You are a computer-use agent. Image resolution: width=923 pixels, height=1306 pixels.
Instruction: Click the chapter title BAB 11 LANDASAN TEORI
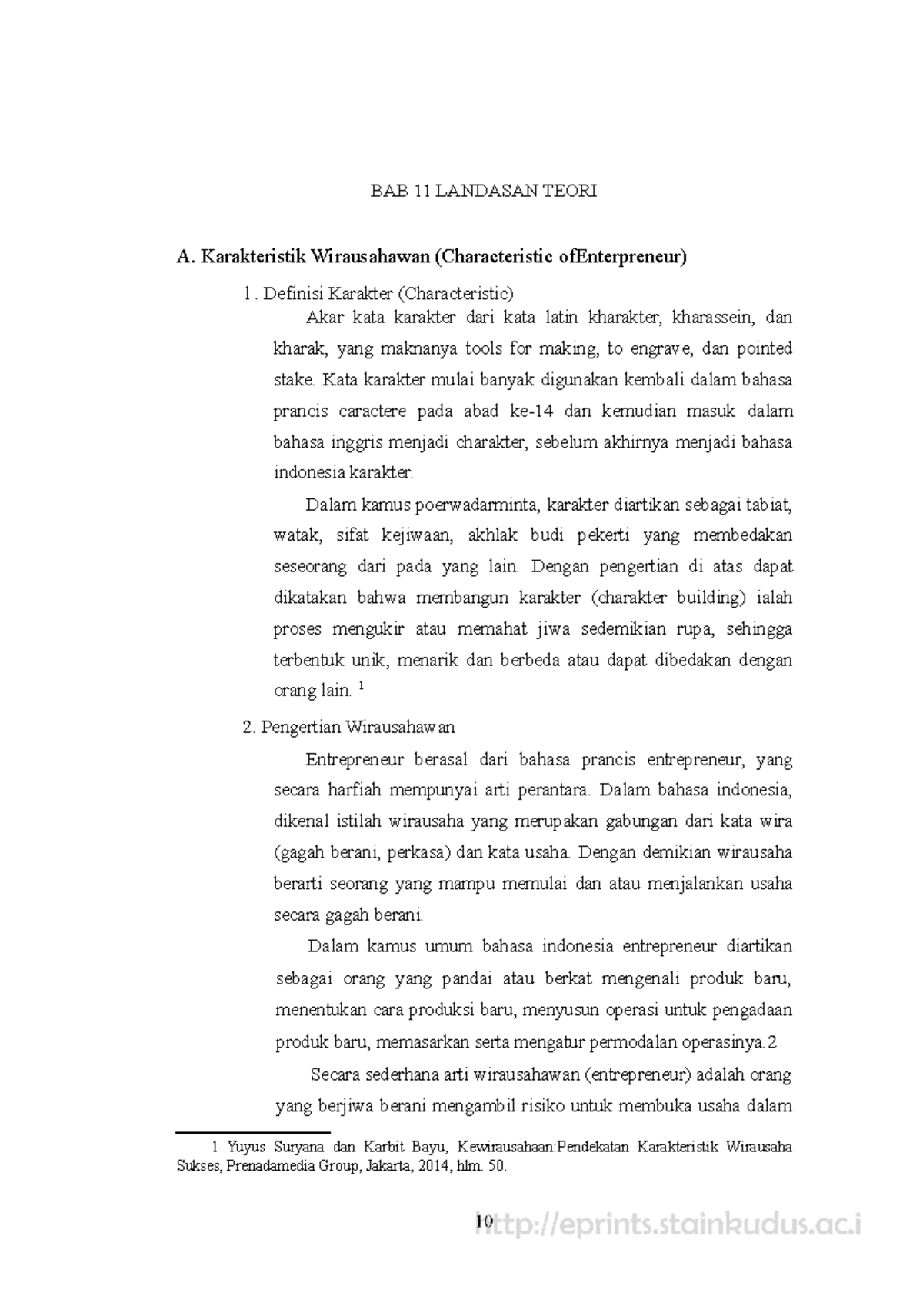point(483,192)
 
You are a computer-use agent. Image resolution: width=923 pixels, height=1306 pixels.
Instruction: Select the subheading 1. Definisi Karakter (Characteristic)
point(378,293)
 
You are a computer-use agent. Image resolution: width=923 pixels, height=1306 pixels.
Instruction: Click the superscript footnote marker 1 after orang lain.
point(362,687)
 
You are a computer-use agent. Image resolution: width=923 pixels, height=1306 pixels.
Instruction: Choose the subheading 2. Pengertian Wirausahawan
point(348,727)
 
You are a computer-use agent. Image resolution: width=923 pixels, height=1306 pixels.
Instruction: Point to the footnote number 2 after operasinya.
point(773,1043)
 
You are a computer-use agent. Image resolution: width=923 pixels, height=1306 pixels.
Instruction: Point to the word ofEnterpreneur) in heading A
point(621,257)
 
